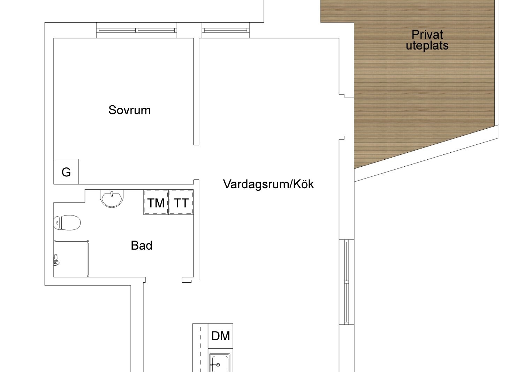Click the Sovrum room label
130,110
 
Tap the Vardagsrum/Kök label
268,184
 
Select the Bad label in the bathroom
142,245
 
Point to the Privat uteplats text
427,40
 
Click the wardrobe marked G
66,172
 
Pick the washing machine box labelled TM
156,202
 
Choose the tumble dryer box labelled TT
181,202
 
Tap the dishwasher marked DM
220,336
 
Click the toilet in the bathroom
67,222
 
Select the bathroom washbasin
112,198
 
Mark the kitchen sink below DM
219,363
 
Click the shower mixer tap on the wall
56,260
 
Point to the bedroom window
137,30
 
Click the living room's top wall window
226,30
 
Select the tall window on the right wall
347,282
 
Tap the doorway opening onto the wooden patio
347,117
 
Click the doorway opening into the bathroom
164,280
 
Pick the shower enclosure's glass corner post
88,242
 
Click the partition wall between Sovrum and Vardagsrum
196,92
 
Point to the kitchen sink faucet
215,365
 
